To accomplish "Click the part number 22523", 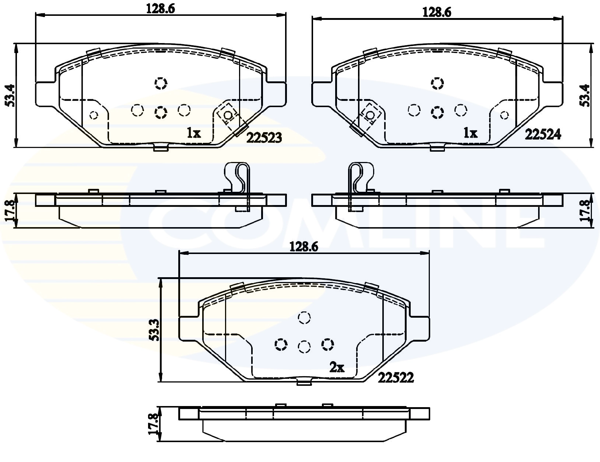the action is pos(264,138).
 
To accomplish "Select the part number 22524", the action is pos(543,135).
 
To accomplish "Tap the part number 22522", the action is pos(396,378).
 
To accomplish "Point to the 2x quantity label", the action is pos(337,367).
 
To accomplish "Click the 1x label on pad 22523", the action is pos(194,133).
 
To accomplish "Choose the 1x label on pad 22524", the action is pos(470,133).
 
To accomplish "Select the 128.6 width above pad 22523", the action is pos(161,9).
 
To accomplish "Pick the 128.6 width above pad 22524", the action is pos(437,13).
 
